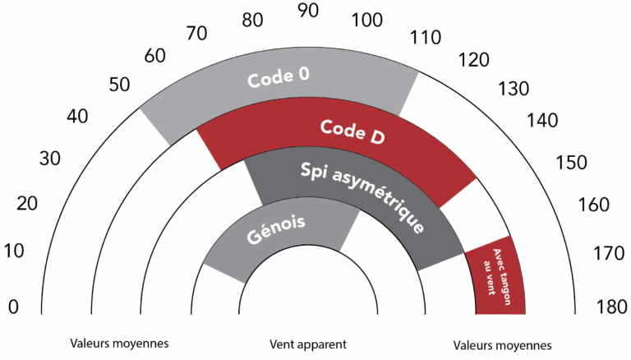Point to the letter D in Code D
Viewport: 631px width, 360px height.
click(x=376, y=136)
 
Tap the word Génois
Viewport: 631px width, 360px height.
click(x=276, y=230)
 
